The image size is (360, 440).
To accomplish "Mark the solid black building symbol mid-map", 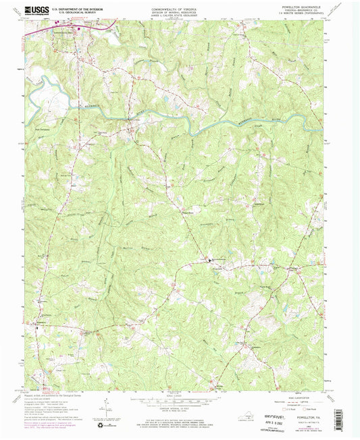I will (x=209, y=259).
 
